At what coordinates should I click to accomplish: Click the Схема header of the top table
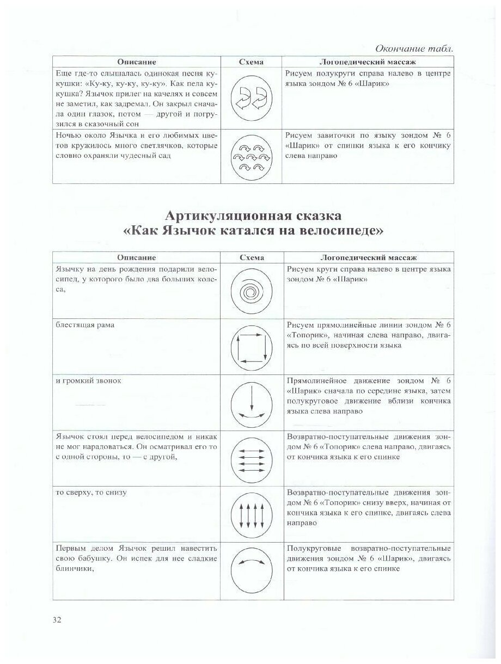[251, 62]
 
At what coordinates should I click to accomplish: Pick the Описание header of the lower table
[136, 257]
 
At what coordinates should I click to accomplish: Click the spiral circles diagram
[251, 292]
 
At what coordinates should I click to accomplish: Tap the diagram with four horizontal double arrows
[251, 457]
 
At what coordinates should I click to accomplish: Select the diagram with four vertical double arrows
[251, 513]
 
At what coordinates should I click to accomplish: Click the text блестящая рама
[84, 325]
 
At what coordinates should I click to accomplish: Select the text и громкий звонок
[89, 381]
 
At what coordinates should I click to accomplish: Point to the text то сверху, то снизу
[91, 493]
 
